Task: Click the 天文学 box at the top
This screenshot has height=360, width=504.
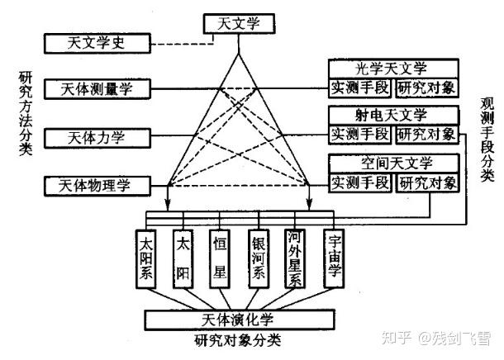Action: [x=237, y=24]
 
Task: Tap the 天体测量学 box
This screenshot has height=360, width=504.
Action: [x=107, y=88]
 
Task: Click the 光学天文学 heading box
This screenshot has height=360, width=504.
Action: [x=393, y=69]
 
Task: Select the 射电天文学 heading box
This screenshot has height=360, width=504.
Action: [x=393, y=116]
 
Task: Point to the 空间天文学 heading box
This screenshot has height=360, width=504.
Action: [x=393, y=163]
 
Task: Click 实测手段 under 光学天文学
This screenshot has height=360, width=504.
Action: [x=360, y=88]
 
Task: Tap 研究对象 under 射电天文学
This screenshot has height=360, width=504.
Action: [x=426, y=134]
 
